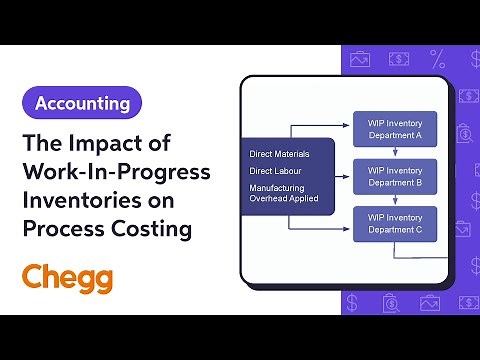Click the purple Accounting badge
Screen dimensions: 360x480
82,103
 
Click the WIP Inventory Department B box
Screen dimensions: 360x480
395,177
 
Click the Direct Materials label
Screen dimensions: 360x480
279,154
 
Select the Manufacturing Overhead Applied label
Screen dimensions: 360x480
285,192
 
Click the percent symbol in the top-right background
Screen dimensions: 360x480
438,58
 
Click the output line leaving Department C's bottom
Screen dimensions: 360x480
395,250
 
